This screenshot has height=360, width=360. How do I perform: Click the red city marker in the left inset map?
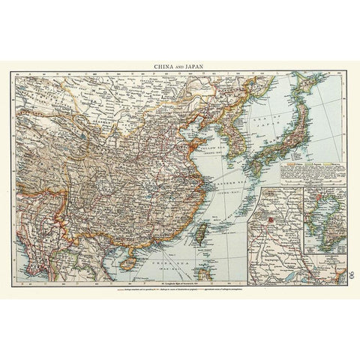coord(268,220)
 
